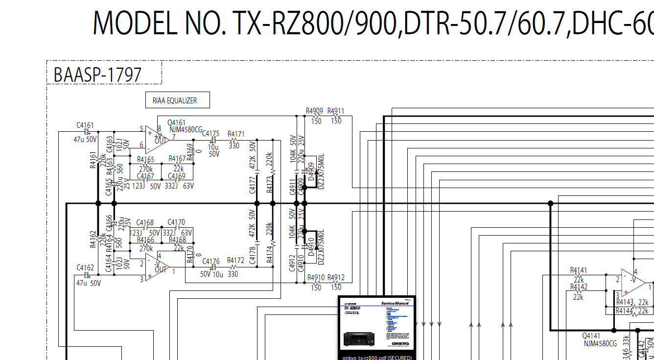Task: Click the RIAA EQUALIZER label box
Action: point(178,100)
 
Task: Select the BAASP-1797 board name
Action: point(97,75)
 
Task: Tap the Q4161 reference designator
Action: point(176,122)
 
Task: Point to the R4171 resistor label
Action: point(235,134)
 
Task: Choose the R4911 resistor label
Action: point(336,111)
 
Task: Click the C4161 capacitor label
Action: point(85,125)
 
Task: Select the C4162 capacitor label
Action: point(85,268)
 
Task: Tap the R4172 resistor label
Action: point(235,261)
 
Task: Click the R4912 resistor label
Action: point(336,278)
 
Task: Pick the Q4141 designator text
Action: point(591,336)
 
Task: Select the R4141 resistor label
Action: point(579,270)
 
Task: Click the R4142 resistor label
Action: point(579,287)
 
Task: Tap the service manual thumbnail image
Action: point(377,326)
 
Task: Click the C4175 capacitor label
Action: point(210,134)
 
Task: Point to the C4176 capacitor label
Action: point(210,262)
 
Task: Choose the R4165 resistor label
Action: point(146,159)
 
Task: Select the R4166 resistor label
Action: point(146,240)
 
